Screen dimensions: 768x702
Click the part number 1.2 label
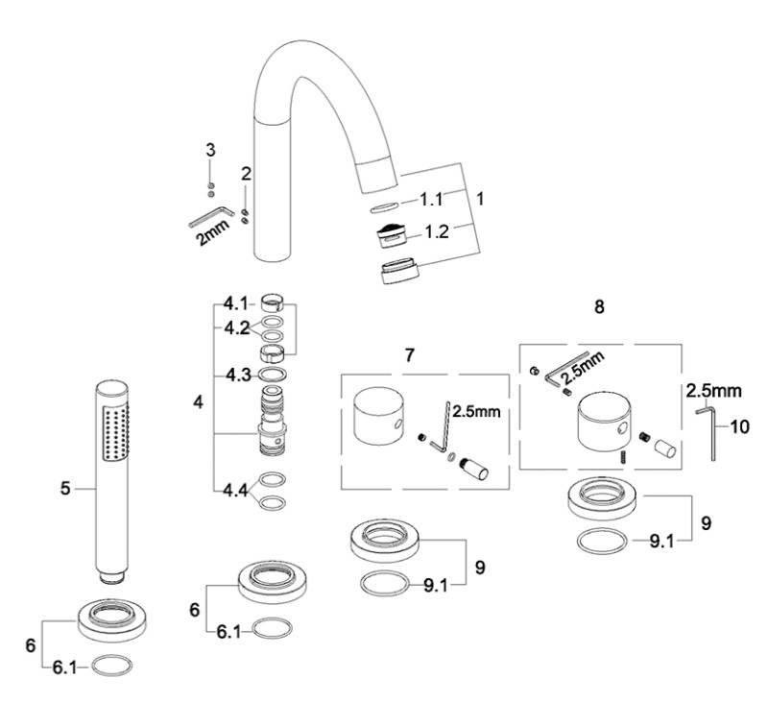pos(437,231)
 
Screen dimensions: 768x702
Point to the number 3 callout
pos(210,150)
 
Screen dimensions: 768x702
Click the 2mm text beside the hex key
pos(212,232)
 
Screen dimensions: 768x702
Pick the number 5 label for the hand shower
pos(65,489)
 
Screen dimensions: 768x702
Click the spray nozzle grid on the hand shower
pos(116,431)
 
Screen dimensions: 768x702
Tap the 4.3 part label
pos(238,375)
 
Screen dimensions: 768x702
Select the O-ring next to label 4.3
pos(273,375)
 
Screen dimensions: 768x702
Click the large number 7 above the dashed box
pos(410,354)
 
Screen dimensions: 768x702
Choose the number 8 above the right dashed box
pos(599,307)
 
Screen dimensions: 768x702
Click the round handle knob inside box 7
pos(378,417)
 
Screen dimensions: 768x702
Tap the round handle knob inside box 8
pos(604,422)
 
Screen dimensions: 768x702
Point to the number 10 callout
pos(739,426)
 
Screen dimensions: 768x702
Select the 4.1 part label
pos(235,304)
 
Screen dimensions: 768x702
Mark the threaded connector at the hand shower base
pos(112,576)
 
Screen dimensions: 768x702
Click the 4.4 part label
pos(235,490)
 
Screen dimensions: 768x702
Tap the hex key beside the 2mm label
pos(211,215)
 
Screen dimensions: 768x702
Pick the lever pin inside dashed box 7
pos(473,469)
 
